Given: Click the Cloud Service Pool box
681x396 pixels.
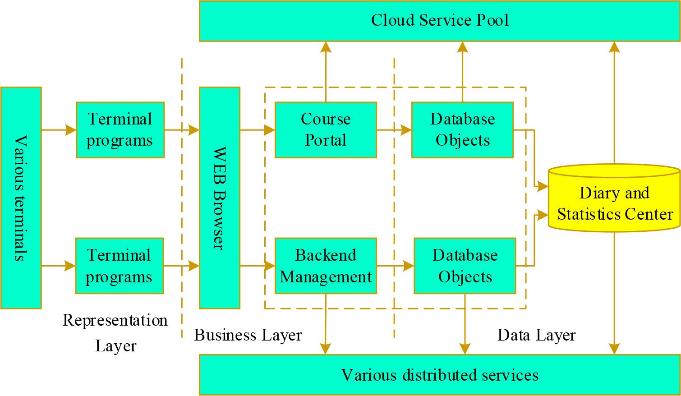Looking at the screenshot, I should pyautogui.click(x=440, y=21).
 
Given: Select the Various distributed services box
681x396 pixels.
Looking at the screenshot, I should pyautogui.click(x=440, y=375).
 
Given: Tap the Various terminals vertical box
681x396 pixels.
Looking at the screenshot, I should pyautogui.click(x=21, y=198).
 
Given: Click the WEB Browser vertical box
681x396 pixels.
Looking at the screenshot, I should pyautogui.click(x=219, y=198).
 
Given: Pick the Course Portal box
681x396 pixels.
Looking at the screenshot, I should pyautogui.click(x=325, y=130).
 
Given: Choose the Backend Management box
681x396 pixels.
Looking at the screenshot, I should pyautogui.click(x=325, y=266).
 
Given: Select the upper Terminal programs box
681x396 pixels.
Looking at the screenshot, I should pyautogui.click(x=120, y=130).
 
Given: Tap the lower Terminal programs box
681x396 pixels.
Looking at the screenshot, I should pyautogui.click(x=119, y=266).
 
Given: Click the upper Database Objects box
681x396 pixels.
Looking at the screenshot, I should pyautogui.click(x=462, y=130).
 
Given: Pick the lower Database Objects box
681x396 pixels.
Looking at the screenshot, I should pyautogui.click(x=465, y=266).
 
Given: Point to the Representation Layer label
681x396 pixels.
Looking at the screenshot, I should pyautogui.click(x=115, y=333).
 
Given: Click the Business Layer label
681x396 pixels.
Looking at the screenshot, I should pyautogui.click(x=248, y=335).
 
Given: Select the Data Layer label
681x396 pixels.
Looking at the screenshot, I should pyautogui.click(x=536, y=335).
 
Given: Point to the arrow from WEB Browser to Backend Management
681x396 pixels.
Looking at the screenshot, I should pyautogui.click(x=257, y=266).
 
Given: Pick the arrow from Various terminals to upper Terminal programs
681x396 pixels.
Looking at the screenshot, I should pyautogui.click(x=59, y=130).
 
